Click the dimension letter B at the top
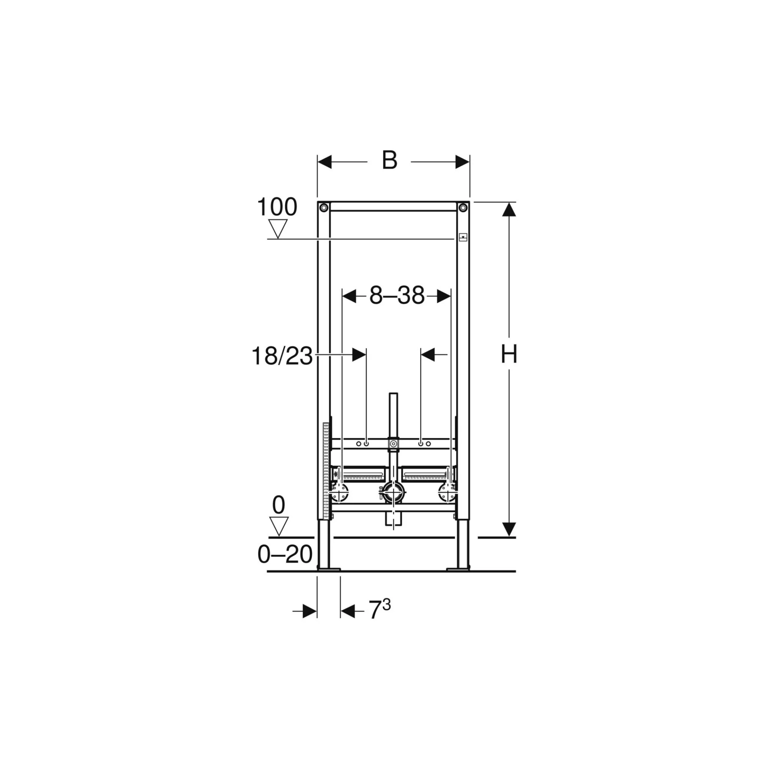pyautogui.click(x=390, y=160)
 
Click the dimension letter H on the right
pyautogui.click(x=509, y=354)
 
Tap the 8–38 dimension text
pyautogui.click(x=397, y=296)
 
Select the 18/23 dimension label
pyautogui.click(x=282, y=356)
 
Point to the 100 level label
pyautogui.click(x=277, y=207)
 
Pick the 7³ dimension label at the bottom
pyautogui.click(x=379, y=609)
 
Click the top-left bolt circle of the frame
pyautogui.click(x=324, y=207)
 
